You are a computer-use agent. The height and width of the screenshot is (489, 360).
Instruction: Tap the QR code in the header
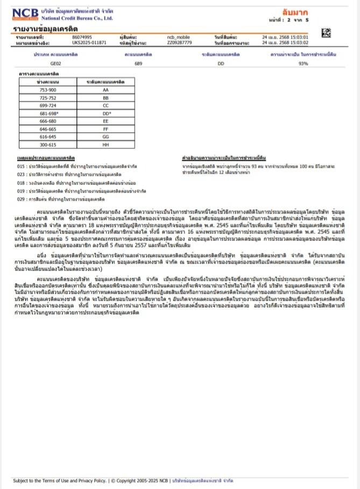(x=326, y=34)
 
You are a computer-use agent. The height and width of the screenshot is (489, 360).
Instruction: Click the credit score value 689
(x=138, y=63)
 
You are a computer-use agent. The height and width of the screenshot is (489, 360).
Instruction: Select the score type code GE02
(x=50, y=63)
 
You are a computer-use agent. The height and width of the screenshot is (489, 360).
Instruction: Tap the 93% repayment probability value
(x=303, y=63)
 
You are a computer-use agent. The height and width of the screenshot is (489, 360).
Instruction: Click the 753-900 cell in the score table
(x=48, y=90)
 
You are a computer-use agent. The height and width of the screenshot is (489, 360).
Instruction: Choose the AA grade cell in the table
(x=105, y=90)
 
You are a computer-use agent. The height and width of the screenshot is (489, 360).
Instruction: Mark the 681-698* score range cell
(x=48, y=114)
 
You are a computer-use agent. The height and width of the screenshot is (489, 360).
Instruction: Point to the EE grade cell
(x=105, y=122)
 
